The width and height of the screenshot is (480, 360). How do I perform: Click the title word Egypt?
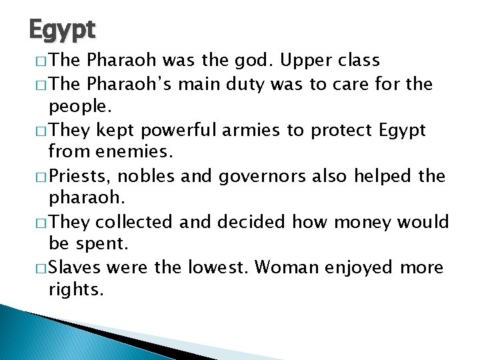63,29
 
